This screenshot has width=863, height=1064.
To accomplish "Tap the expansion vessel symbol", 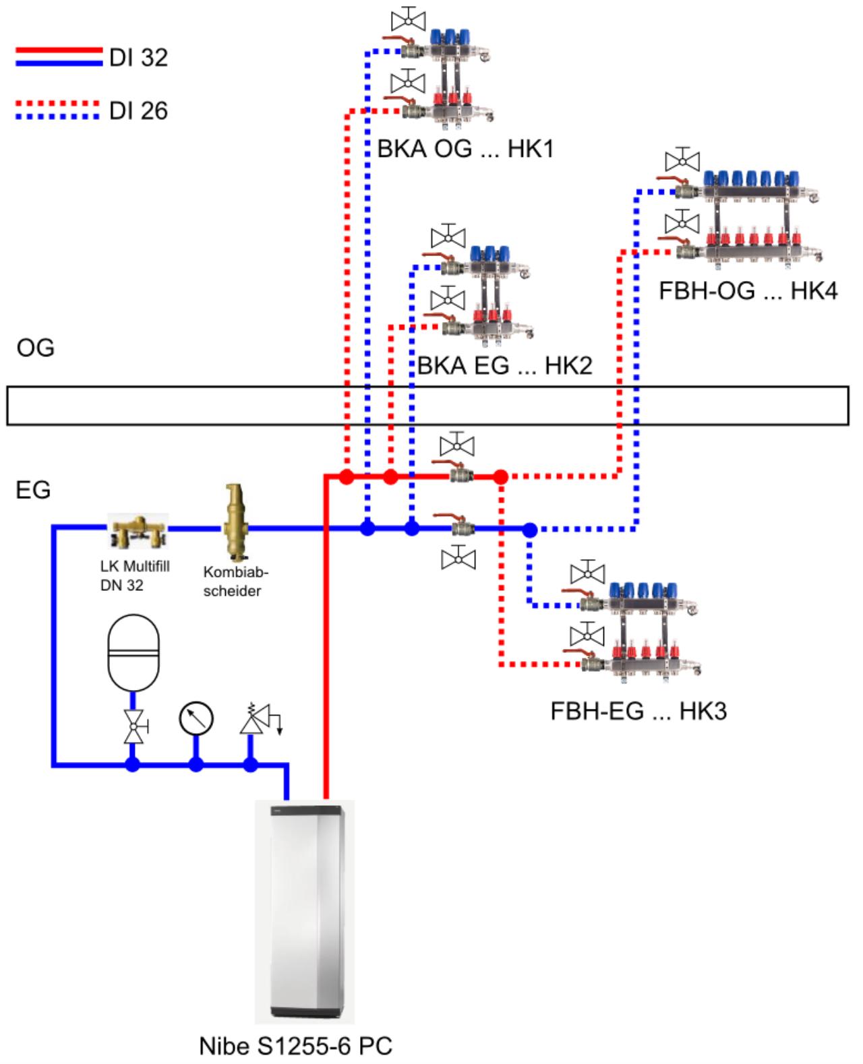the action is coord(133,652).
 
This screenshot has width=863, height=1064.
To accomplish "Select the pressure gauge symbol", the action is coord(196,718).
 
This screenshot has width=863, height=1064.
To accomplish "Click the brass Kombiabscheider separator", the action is coord(235,522).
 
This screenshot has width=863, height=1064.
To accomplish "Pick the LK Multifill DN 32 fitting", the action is coord(138,530).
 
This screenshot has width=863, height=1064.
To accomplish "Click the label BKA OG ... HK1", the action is coord(465,149).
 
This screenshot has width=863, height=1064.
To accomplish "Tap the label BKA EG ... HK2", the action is coord(505,366).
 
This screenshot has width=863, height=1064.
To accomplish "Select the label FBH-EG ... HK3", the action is coord(638,711).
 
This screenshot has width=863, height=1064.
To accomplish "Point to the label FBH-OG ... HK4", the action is coord(748,290).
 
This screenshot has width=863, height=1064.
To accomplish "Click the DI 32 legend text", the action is coord(138,57).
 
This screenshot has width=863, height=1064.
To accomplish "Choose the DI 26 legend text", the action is coord(138,111).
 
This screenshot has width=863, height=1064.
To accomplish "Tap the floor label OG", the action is coord(36,348).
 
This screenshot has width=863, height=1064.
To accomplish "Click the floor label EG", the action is coord(34,489).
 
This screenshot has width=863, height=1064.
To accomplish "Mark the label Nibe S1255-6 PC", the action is coord(295,1046).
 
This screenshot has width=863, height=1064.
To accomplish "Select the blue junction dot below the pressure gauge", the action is coord(196,764).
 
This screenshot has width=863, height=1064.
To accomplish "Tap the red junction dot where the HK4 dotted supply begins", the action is coord(501,477).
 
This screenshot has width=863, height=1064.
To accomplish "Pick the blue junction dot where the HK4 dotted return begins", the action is coord(530,530).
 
